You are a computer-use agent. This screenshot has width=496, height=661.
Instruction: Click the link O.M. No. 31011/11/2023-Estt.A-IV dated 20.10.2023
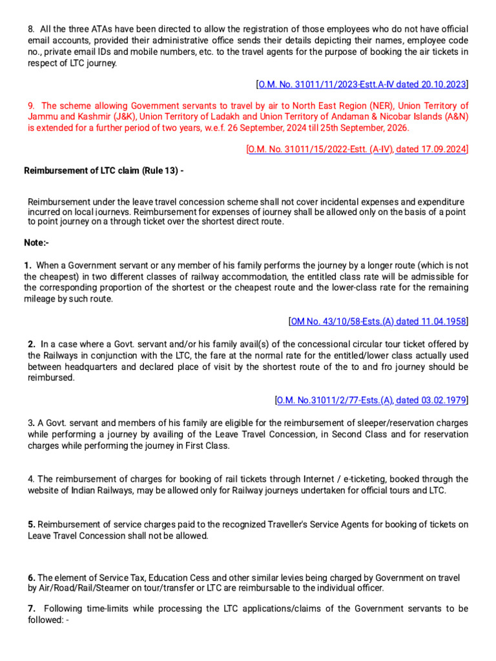362,84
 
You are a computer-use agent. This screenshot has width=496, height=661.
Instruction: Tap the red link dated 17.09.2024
431,149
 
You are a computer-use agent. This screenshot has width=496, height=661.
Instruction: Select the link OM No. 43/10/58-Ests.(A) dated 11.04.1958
378,321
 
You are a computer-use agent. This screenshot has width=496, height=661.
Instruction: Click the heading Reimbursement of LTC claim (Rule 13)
103,170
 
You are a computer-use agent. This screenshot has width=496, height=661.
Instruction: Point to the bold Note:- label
36,243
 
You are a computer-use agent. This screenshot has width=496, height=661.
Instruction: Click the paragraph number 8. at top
32,30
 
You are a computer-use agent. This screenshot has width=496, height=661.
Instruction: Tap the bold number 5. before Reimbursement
32,524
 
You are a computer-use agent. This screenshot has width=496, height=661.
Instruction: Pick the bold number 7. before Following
32,609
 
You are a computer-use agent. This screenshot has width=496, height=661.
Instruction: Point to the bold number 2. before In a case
32,345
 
